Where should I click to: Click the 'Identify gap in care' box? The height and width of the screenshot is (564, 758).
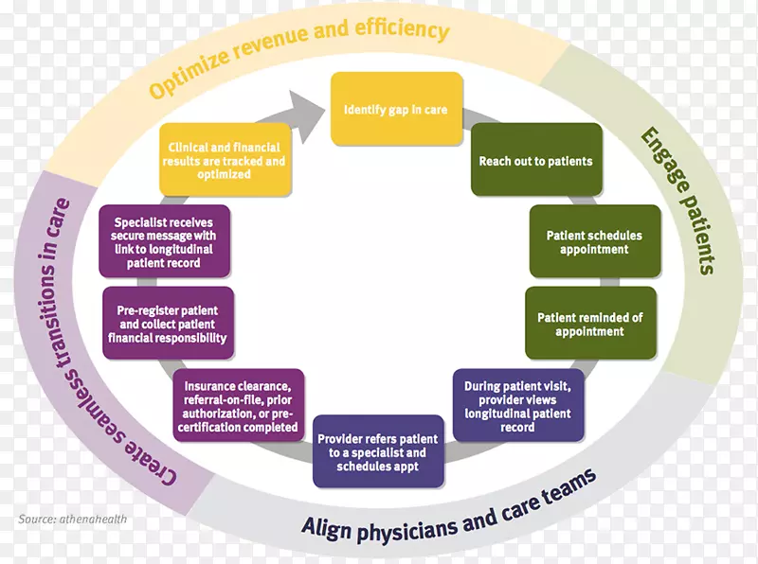pyautogui.click(x=395, y=110)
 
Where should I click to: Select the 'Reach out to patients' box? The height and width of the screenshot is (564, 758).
pyautogui.click(x=535, y=160)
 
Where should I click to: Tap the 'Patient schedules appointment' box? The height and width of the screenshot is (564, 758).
pyautogui.click(x=594, y=242)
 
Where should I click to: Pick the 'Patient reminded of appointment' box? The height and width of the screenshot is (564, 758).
pyautogui.click(x=589, y=325)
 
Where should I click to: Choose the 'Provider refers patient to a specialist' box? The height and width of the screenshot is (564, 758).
pyautogui.click(x=378, y=452)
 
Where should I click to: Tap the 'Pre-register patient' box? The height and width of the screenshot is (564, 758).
pyautogui.click(x=168, y=324)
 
